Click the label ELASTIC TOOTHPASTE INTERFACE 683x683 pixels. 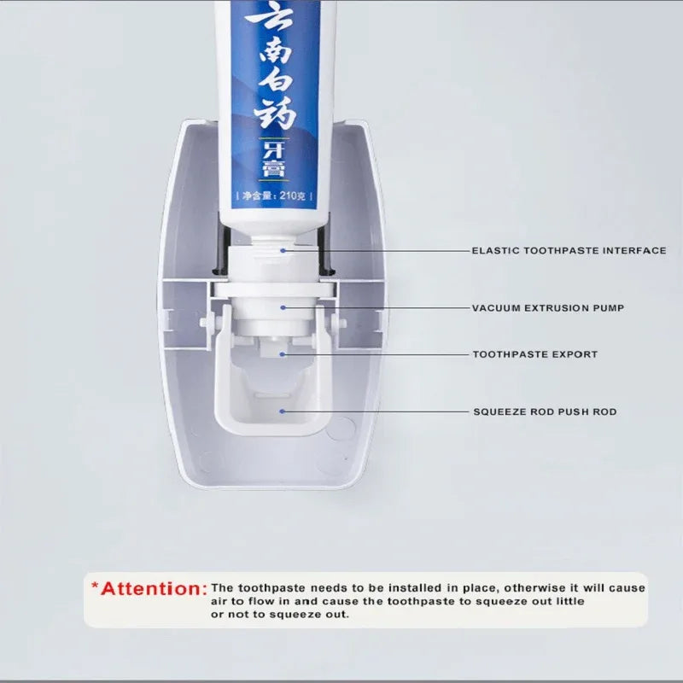tap(569, 251)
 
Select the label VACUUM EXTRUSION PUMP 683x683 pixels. tap(548, 308)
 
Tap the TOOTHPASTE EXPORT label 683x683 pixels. tap(535, 354)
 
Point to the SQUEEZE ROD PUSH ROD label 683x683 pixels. tap(545, 412)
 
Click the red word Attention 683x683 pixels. tap(154, 588)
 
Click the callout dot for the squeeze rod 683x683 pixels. tap(283, 411)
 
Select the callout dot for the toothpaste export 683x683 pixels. tap(283, 353)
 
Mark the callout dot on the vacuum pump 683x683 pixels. tap(283, 307)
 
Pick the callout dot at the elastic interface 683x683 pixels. tap(283, 250)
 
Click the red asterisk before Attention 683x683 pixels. tap(96, 586)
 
